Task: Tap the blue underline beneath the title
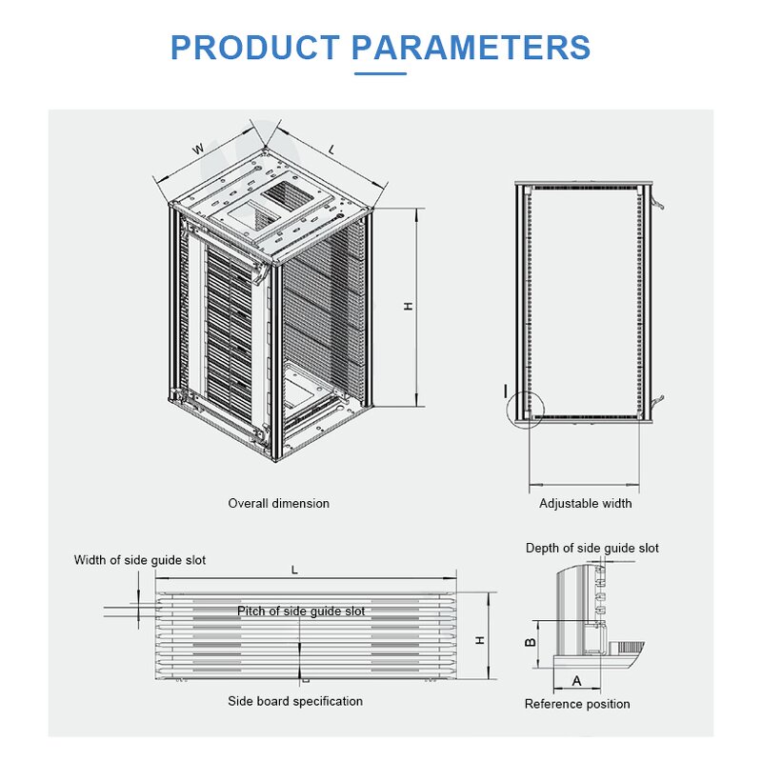point(380,72)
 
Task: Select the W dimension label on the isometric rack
point(198,149)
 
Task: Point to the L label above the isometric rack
point(331,149)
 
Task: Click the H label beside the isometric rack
point(407,306)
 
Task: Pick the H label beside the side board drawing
point(481,640)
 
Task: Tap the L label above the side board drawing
point(294,570)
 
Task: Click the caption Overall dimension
point(278,503)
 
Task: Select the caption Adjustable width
point(585,503)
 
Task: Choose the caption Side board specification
point(294,701)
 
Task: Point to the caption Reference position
point(577,704)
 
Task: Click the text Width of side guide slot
point(140,560)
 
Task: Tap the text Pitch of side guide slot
point(301,611)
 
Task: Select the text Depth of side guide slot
point(592,548)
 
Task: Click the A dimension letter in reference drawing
point(575,680)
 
